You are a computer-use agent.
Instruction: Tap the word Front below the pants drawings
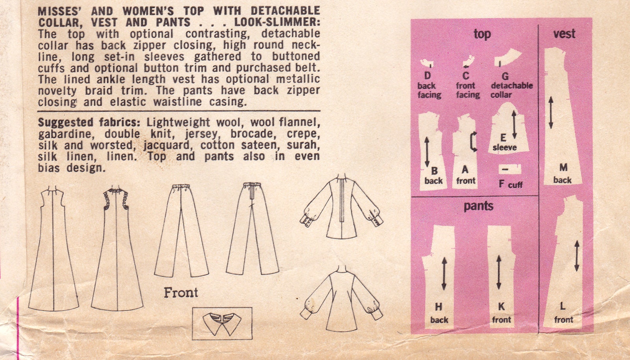pos(181,292)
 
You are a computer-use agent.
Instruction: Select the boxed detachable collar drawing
pos(222,323)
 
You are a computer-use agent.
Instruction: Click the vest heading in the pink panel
pos(564,34)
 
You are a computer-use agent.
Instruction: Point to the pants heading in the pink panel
pos(478,206)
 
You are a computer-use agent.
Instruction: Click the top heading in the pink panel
pos(482,34)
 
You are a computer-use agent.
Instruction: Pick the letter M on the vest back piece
pos(563,168)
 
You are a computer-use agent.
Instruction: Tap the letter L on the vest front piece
pos(563,306)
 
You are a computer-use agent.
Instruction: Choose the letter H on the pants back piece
pos(438,307)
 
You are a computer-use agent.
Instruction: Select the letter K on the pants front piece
pos(501,307)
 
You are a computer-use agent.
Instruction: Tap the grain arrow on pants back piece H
pos(444,273)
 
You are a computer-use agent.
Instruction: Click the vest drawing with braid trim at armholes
pos(117,248)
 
